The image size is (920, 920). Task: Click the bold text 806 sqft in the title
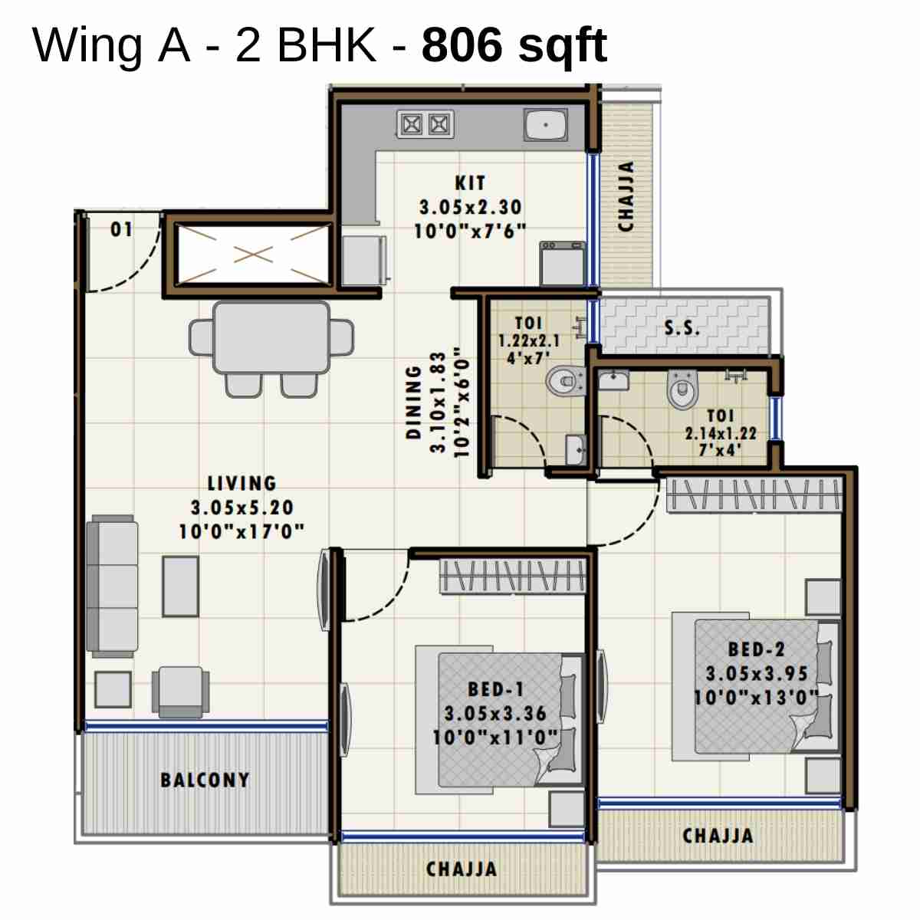pos(514,45)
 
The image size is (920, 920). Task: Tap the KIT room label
pos(469,183)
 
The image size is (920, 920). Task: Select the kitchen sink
pos(546,124)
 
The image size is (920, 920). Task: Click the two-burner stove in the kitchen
pos(425,124)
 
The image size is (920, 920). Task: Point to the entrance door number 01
pos(121,229)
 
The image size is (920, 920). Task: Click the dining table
pos(271,338)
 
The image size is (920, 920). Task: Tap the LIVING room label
pos(242,484)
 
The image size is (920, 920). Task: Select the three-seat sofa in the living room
pos(112,586)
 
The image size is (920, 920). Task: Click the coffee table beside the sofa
pos(180,586)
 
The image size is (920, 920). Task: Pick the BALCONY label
pos(205,780)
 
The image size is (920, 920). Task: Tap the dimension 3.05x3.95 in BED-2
pos(756,674)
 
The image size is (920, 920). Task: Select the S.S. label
pos(682,328)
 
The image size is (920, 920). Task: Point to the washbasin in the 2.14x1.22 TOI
pos(613,379)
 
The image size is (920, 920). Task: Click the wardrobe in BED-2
pos(754,495)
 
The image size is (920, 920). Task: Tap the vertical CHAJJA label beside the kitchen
pos(626,196)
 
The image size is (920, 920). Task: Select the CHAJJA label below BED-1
pos(462,869)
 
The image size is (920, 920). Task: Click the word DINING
pos(414,402)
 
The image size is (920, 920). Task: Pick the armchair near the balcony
pos(181,690)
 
